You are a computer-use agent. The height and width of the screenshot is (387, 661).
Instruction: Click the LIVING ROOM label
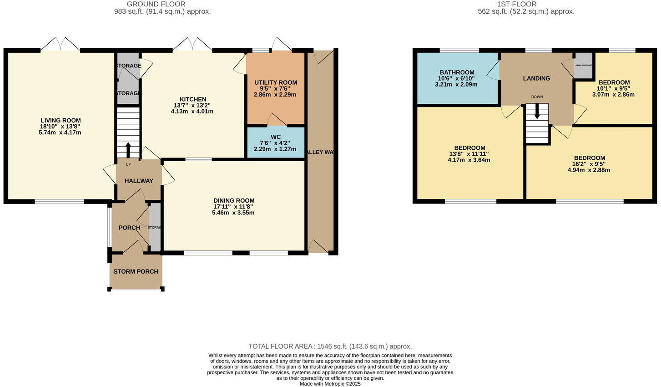tap(61, 121)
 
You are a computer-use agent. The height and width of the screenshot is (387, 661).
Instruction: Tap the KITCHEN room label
tap(193, 99)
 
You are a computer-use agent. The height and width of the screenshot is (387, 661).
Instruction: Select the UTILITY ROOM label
tap(275, 82)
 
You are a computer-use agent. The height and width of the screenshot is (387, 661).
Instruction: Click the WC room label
tap(275, 137)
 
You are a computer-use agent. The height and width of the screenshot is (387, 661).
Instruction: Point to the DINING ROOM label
tap(234, 200)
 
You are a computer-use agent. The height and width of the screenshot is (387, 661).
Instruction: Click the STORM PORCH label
tap(136, 271)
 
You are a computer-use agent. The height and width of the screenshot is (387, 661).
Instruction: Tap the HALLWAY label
tap(139, 181)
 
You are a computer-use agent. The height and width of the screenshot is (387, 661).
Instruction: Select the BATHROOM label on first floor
tap(457, 72)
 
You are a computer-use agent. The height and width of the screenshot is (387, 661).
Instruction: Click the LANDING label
tap(536, 78)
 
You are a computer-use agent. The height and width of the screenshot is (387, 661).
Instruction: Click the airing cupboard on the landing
tap(584, 65)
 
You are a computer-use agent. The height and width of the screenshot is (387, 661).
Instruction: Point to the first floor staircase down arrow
tap(537, 112)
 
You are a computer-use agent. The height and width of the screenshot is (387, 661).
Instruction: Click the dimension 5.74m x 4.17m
tap(61, 132)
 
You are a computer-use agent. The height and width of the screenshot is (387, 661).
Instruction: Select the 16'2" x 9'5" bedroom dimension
tap(589, 164)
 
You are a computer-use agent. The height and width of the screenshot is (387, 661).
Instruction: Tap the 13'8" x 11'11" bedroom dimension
tap(469, 154)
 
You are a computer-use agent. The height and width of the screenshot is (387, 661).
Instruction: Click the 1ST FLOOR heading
tap(526, 4)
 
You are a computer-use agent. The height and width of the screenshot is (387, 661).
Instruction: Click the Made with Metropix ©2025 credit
tap(330, 384)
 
